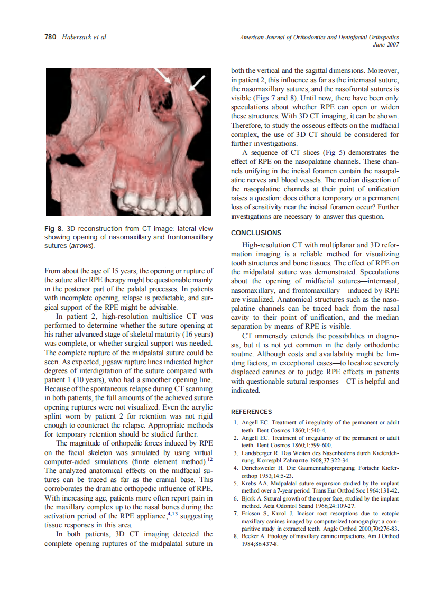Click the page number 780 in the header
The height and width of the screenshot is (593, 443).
[51, 37]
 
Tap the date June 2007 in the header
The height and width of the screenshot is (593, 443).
[385, 45]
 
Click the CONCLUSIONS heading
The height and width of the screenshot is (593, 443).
[256, 233]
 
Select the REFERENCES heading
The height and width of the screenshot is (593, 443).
[252, 412]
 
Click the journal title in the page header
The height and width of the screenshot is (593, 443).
[319, 38]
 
